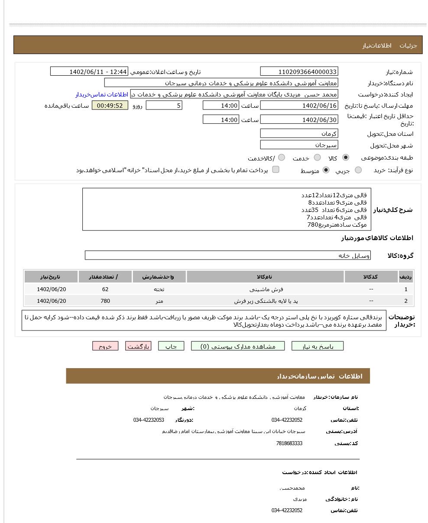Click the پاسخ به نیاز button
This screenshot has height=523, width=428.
tap(317, 346)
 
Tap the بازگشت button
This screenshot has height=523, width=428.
tap(138, 346)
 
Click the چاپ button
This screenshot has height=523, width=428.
tap(171, 346)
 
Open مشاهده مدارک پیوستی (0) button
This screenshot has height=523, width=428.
tap(238, 346)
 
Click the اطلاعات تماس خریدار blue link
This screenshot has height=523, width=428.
tap(102, 94)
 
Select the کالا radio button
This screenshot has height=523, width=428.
tap(345, 158)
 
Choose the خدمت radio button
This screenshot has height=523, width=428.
tap(317, 158)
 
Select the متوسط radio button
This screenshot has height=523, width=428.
tap(326, 170)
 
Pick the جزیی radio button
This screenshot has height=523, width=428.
tap(358, 170)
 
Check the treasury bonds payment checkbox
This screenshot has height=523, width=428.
tap(276, 170)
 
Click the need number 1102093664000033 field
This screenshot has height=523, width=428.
tap(299, 72)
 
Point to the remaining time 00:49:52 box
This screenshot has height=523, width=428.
tap(110, 106)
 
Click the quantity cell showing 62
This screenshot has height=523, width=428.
tap(105, 289)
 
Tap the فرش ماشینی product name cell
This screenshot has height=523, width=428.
tap(265, 289)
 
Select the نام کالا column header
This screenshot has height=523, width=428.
tap(265, 277)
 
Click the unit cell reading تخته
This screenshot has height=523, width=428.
tap(159, 289)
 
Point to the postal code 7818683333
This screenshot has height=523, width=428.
tap(289, 443)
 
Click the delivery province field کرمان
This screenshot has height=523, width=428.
tap(299, 134)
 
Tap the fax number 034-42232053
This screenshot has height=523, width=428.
tap(149, 420)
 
